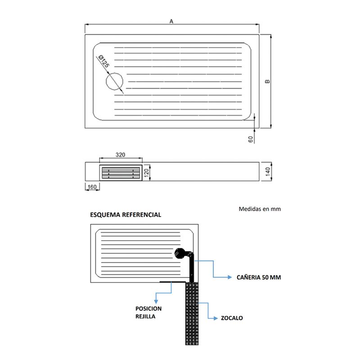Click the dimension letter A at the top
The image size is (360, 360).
point(171,21)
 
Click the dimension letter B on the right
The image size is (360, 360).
point(267,81)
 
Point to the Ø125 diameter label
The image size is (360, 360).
point(103,61)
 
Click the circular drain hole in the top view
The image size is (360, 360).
point(114,81)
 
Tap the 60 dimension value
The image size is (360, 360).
point(251,139)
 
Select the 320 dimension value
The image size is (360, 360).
point(120,155)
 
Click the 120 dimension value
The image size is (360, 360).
point(146,172)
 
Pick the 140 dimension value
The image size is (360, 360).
point(268,172)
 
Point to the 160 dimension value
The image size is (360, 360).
point(92,187)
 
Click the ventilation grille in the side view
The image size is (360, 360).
point(121,173)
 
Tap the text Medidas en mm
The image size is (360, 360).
point(260,209)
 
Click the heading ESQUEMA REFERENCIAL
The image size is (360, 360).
point(126,215)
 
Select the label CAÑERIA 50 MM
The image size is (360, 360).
point(259,277)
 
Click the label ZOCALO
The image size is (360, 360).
point(232,318)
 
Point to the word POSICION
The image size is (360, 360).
point(148,309)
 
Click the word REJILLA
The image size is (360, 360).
point(145,316)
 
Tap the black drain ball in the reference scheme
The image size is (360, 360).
point(180,253)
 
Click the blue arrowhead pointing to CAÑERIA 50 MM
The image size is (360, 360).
point(229,277)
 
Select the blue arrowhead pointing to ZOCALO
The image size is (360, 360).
point(216,318)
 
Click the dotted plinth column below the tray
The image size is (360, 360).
point(192,314)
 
